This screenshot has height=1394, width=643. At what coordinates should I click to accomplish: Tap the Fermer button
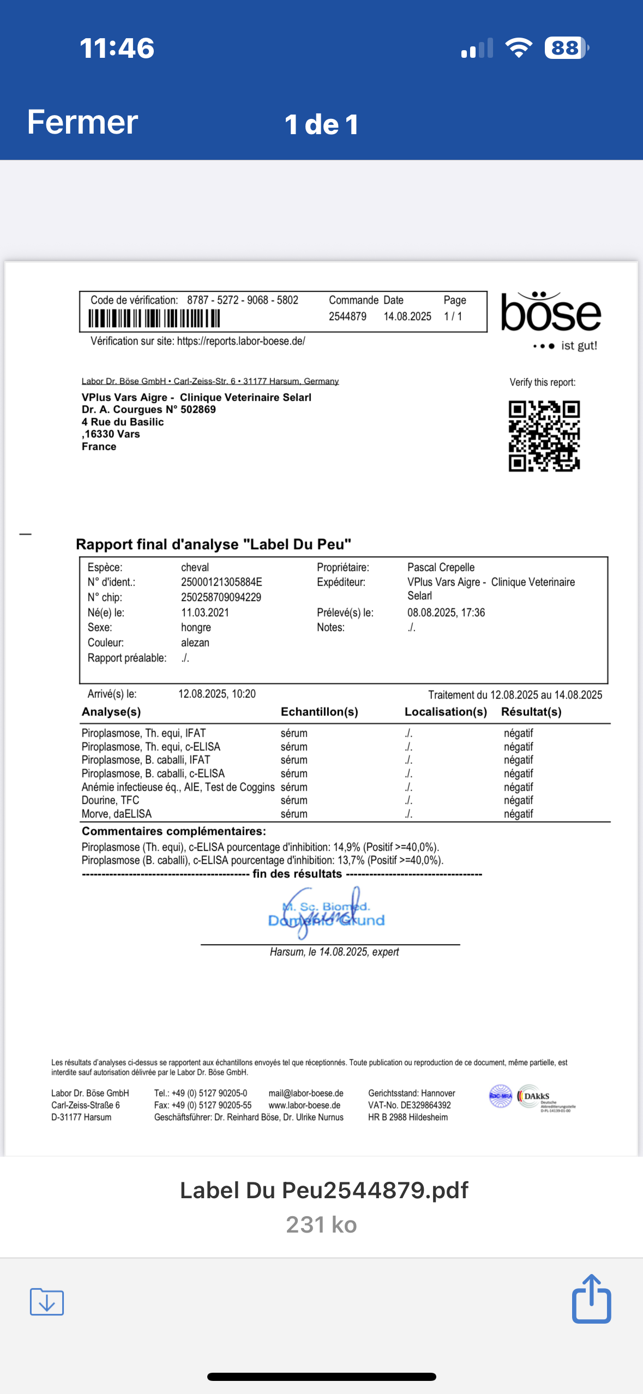point(82,122)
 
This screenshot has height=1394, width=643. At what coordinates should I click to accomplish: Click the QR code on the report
point(544,436)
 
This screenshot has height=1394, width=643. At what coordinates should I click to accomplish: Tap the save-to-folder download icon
point(47,1302)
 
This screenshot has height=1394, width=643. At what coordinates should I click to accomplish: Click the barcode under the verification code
point(154,318)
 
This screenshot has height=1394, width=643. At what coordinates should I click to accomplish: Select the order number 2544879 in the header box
point(347,316)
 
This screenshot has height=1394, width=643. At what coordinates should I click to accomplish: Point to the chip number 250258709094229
point(221,597)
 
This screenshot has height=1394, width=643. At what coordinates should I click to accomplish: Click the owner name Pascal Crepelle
point(441,567)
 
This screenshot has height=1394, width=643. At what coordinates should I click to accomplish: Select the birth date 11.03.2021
point(205,612)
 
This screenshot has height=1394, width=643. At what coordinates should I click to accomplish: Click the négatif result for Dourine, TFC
point(518,800)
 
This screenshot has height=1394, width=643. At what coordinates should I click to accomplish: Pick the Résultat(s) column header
point(531,712)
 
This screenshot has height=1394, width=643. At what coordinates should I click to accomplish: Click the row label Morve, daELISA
point(117,814)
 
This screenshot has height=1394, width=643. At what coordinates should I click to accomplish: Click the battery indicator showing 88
point(566,48)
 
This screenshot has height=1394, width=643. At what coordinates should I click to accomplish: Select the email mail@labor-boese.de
point(306,1093)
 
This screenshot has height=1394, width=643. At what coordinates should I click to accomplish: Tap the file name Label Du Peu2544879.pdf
point(324,1190)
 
